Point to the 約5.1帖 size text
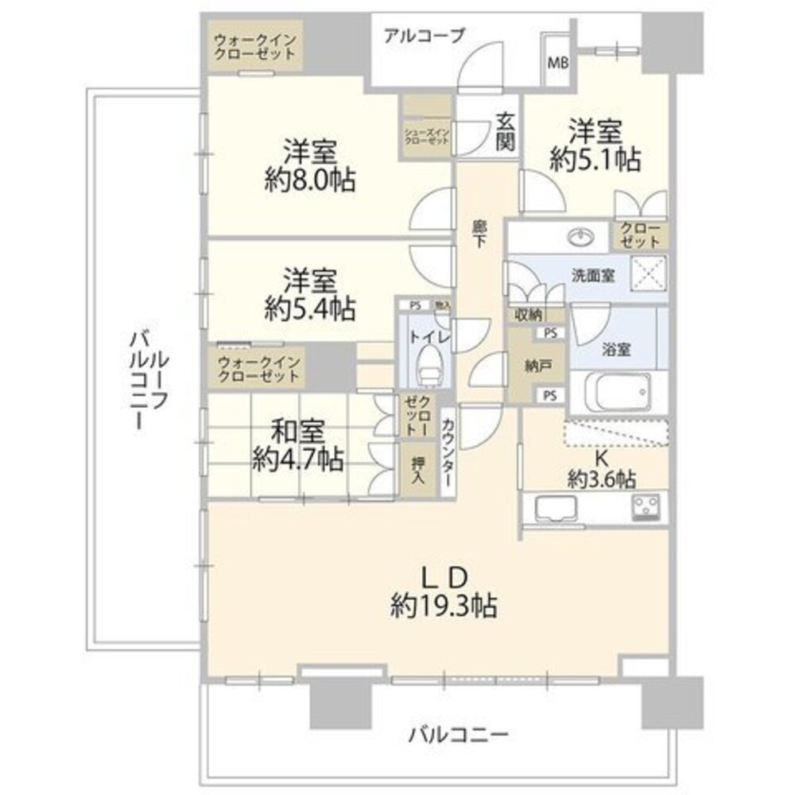[595, 159]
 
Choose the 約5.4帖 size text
[310, 308]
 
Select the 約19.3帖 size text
[444, 607]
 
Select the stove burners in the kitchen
[649, 506]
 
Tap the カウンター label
[448, 452]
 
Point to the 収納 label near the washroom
[528, 314]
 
